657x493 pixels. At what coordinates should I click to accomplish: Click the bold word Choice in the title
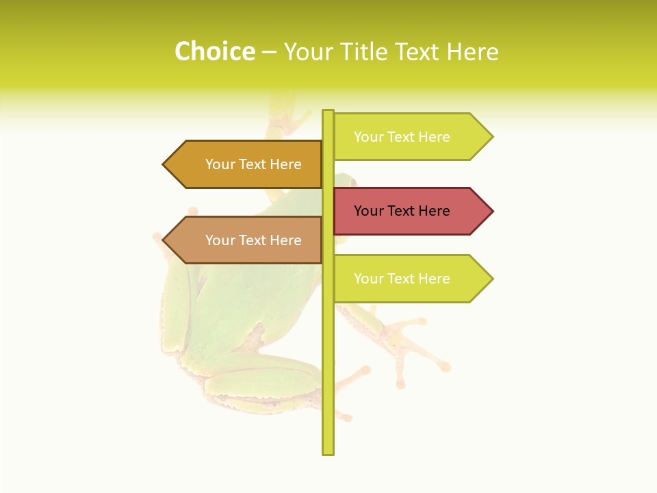214,51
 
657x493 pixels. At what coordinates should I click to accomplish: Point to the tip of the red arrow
491,211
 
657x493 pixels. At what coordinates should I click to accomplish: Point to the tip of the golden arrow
164,164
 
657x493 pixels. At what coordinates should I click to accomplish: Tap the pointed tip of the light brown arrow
164,240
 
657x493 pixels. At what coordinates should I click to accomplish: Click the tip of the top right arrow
491,137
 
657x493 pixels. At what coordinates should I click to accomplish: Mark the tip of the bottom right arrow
491,279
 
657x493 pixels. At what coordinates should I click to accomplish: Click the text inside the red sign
402,211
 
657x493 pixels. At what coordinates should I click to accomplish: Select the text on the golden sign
253,164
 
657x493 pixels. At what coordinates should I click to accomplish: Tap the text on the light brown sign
253,240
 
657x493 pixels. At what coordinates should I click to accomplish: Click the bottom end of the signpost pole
328,452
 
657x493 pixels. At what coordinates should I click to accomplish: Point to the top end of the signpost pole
328,112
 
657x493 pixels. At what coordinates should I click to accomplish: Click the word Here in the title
472,51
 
